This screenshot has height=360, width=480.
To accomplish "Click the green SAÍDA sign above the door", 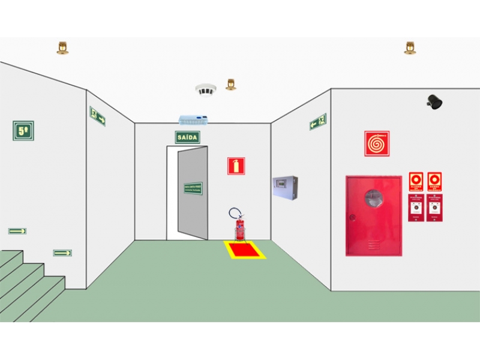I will (x=187, y=137).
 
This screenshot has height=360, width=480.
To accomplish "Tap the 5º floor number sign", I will (x=23, y=130).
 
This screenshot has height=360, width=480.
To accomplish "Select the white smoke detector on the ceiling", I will (x=205, y=90).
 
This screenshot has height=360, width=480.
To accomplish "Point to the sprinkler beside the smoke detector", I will (x=230, y=84).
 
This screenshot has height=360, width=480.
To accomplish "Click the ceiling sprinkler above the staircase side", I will (x=62, y=47).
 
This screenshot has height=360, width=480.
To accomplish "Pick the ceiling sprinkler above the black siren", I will (x=410, y=47).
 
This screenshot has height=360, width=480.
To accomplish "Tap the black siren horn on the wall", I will (x=435, y=102).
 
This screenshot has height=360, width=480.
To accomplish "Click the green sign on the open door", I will (x=193, y=188).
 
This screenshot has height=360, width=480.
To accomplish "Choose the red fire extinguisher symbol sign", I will (x=236, y=166).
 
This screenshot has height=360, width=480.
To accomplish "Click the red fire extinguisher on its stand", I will (x=239, y=229).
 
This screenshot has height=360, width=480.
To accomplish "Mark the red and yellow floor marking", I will (x=245, y=250).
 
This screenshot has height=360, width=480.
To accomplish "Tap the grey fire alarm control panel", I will (x=284, y=188).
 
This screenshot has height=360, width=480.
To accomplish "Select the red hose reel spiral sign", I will (x=377, y=144).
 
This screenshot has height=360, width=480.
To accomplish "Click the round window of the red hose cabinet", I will (x=373, y=199).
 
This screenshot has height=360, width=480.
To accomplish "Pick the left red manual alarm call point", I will (x=416, y=208).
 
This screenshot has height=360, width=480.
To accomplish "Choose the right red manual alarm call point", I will (x=434, y=208).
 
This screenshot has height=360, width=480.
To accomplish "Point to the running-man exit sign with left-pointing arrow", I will (x=318, y=122).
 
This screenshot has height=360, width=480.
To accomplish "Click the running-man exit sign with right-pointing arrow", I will (x=97, y=116).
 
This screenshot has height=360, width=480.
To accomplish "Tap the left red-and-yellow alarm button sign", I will (x=416, y=182).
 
